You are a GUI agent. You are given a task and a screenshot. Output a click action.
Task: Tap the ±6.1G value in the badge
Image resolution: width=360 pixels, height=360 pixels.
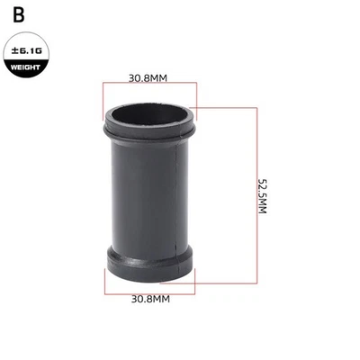click(25, 53)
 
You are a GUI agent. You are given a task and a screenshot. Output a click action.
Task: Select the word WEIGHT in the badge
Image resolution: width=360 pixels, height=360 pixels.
click(25, 67)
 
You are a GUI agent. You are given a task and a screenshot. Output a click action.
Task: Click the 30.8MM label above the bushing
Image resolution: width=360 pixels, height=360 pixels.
click(148, 77)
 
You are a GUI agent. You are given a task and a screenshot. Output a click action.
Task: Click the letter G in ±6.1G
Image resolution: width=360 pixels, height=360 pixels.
click(39, 53)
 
